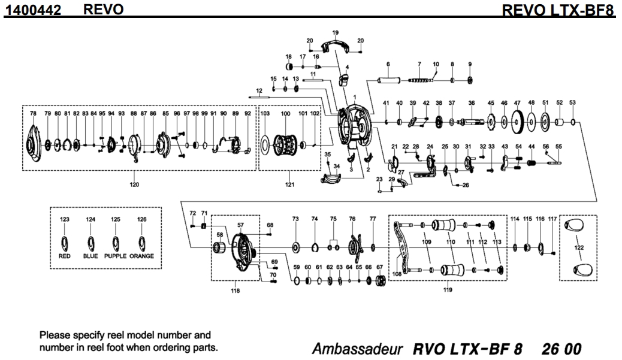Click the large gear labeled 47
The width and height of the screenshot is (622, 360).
[x=517, y=124]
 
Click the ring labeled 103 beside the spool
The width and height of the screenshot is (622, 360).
[x=265, y=144]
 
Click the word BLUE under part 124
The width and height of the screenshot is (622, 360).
[x=90, y=256]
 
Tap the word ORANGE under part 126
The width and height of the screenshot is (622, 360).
[x=141, y=256]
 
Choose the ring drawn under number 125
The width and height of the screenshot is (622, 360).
[x=116, y=243]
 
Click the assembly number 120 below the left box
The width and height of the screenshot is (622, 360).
[x=134, y=184]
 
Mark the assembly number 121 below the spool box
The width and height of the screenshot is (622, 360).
[x=289, y=184]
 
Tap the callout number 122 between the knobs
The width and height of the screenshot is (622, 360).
[x=579, y=246]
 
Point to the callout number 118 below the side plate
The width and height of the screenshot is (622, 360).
[x=235, y=291]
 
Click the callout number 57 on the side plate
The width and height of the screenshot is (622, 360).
[x=241, y=225]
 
